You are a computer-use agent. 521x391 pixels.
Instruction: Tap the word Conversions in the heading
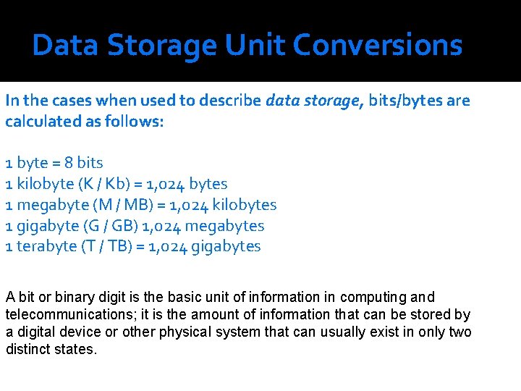[x=377, y=46]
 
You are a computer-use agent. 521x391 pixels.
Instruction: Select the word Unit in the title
[x=256, y=46]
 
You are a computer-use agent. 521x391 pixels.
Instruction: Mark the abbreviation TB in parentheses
[x=122, y=246]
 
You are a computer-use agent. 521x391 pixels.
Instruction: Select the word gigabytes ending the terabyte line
[x=225, y=246]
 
